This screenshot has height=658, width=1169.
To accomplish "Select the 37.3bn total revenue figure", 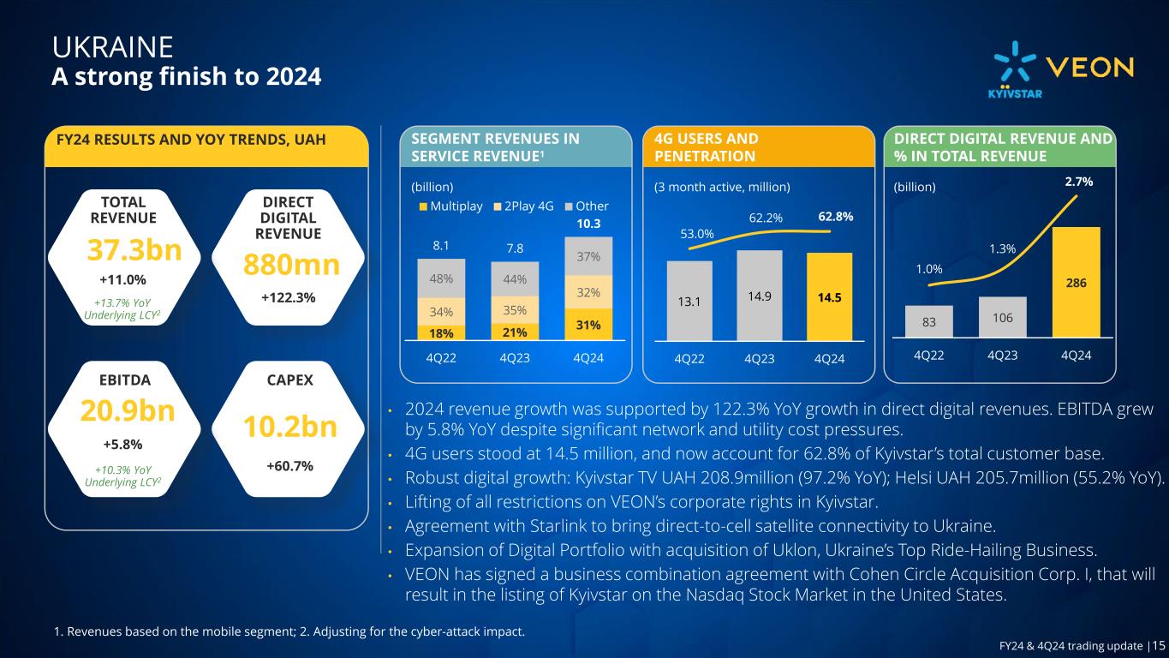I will point(134,250).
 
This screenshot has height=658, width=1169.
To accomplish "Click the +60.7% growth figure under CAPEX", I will point(289,466).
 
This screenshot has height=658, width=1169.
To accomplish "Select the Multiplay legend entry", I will point(450,206).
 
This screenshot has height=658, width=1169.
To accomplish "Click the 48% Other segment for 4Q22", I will point(442,278).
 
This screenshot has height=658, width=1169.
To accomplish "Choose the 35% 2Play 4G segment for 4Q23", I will point(514,309).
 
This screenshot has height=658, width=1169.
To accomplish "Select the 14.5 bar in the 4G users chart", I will point(828,296).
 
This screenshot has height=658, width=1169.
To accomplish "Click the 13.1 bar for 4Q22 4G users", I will point(689,300).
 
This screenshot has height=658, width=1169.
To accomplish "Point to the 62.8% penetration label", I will point(836,217).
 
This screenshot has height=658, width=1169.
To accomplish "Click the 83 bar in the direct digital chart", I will point(928,322).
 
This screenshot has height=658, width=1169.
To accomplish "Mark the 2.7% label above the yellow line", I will point(1077,182).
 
